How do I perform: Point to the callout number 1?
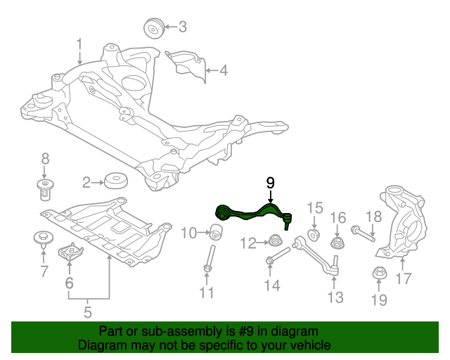pos(79,44)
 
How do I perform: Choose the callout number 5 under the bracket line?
pos(88,311)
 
